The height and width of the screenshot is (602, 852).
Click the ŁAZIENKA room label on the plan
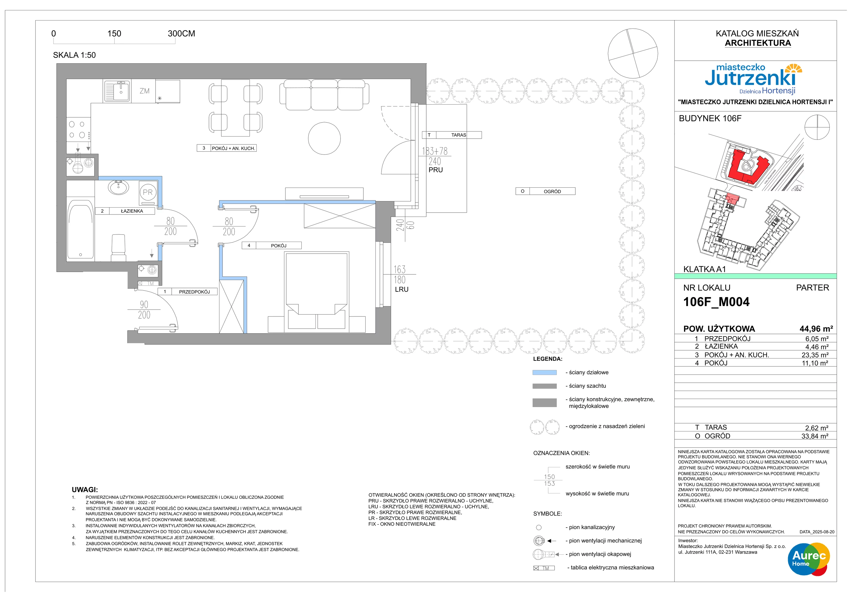[x=132, y=211]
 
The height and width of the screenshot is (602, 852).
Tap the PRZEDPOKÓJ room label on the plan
[x=194, y=292]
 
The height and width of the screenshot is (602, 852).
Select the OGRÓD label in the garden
[x=552, y=191]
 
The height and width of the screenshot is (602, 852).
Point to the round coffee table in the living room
[x=324, y=138]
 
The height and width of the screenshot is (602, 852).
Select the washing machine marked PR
[x=148, y=192]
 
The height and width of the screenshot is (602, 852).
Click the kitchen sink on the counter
[x=117, y=91]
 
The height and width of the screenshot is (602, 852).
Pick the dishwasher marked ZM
[x=144, y=91]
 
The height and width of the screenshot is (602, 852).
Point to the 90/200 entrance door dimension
[x=144, y=310]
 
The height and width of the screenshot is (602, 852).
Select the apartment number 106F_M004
[x=716, y=302]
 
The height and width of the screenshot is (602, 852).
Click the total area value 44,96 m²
[x=816, y=329]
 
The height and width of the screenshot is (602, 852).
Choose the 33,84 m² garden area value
[x=815, y=436]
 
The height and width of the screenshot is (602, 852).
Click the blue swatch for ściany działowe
[x=544, y=372]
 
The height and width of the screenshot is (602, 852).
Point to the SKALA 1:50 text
[x=74, y=55]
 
